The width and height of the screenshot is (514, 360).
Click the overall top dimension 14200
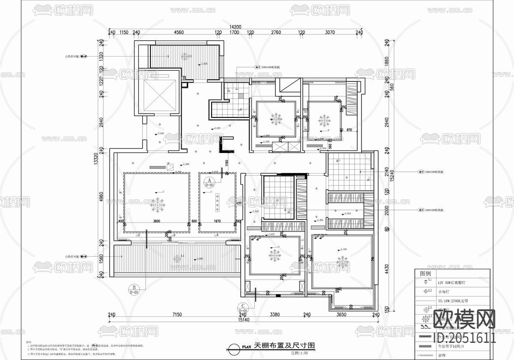coord(235,27)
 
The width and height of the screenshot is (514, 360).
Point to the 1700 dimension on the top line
coord(234,33)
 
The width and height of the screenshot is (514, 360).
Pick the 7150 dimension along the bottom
coord(177,315)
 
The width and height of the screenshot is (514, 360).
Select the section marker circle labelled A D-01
coord(209,183)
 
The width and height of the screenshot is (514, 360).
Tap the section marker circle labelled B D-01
coord(134,289)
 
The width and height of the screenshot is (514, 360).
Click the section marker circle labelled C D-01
coord(242,308)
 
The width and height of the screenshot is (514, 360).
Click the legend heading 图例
coord(425,273)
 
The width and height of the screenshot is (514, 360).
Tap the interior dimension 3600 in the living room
coord(156,221)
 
